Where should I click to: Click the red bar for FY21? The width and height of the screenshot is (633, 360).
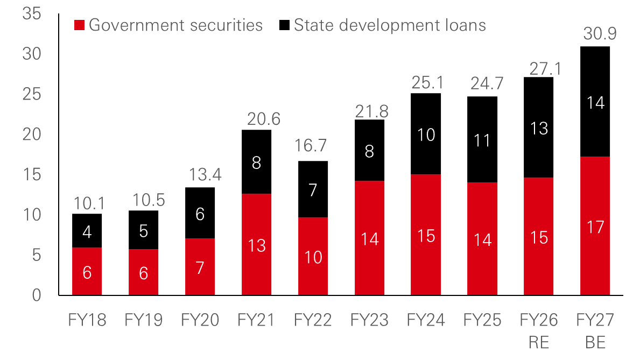256,244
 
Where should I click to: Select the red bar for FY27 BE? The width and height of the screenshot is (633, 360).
595,225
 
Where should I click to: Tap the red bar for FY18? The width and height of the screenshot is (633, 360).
87,271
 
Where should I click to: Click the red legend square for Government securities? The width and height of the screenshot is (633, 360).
79,25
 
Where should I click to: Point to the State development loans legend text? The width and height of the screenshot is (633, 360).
390,25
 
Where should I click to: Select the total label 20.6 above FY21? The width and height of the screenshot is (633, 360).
264,119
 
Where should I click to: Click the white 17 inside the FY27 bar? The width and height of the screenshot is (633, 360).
595,227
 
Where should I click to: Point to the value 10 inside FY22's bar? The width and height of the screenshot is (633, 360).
313,257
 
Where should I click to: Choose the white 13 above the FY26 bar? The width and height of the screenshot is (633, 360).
539,129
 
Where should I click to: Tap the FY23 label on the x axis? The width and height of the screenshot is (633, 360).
369,321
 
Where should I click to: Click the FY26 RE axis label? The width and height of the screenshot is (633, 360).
539,331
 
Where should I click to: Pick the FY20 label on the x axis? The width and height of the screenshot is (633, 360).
200,321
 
